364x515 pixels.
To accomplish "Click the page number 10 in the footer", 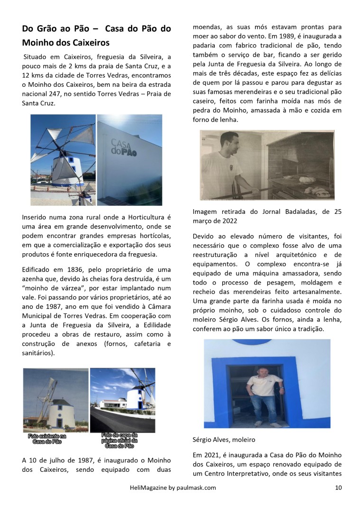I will coord(338,487).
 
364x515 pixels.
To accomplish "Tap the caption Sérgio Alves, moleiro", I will coord(224,439).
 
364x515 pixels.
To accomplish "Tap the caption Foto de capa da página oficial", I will coord(119,440).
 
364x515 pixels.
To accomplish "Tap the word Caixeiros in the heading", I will coord(91,43).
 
